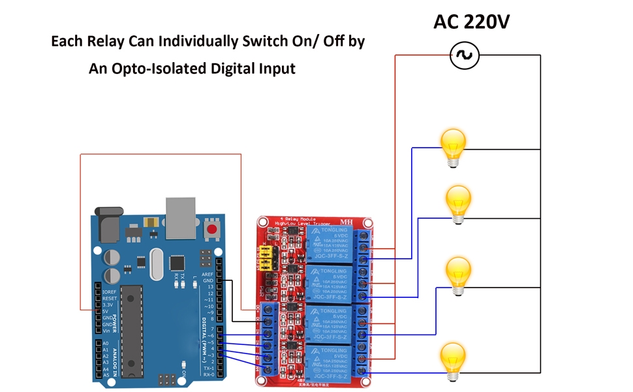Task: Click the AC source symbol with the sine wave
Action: (x=465, y=56)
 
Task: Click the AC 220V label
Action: (x=471, y=22)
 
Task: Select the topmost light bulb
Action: (x=453, y=146)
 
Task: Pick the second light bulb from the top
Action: (x=458, y=202)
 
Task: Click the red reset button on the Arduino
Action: (x=211, y=229)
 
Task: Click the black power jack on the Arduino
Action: (x=108, y=225)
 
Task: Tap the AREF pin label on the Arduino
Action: (x=208, y=274)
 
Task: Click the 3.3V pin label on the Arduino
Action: (x=108, y=305)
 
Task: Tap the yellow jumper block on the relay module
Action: (x=266, y=258)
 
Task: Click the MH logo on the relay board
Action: (x=346, y=222)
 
